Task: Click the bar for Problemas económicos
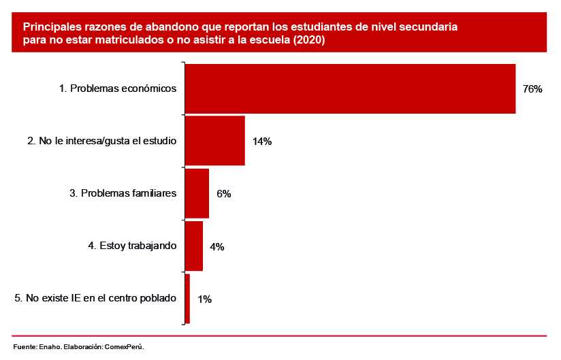pyautogui.click(x=350, y=88)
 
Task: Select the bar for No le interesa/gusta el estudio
pyautogui.click(x=214, y=141)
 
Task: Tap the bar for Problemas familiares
pyautogui.click(x=197, y=193)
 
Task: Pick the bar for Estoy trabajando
pyautogui.click(x=194, y=246)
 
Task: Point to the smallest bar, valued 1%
pyautogui.click(x=187, y=298)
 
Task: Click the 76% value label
pyautogui.click(x=532, y=89)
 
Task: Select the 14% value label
pyautogui.click(x=262, y=142)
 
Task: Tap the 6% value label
pyautogui.click(x=224, y=194)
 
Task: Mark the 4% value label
pyautogui.click(x=217, y=246)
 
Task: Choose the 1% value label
pyautogui.click(x=204, y=299)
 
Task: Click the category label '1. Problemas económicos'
pyautogui.click(x=118, y=88)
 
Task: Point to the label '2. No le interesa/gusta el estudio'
pyautogui.click(x=102, y=141)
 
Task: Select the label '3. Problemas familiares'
pyautogui.click(x=123, y=193)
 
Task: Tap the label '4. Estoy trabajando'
pyautogui.click(x=133, y=246)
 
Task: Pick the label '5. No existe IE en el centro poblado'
pyautogui.click(x=95, y=298)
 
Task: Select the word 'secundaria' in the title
pyautogui.click(x=430, y=27)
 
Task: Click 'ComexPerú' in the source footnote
pyautogui.click(x=123, y=347)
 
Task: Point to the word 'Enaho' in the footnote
pyautogui.click(x=50, y=347)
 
